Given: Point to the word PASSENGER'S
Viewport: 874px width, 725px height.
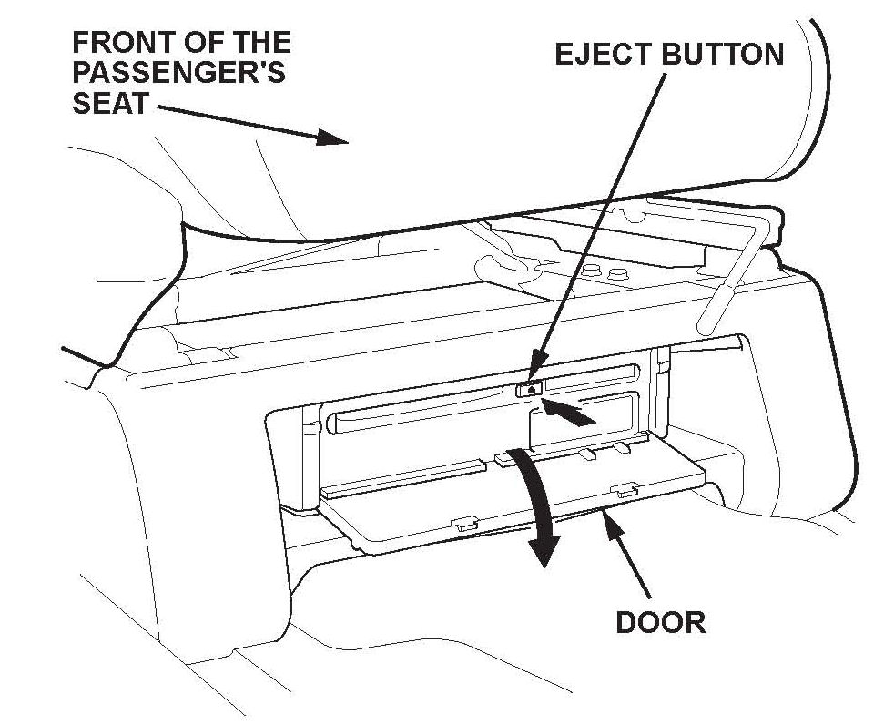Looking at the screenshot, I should click(x=178, y=73).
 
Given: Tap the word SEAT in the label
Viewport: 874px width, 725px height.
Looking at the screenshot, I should click(x=109, y=103).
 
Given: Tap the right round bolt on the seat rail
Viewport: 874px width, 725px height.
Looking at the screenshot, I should click(x=618, y=272).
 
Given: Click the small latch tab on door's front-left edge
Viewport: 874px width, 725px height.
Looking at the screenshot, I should click(x=463, y=524).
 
